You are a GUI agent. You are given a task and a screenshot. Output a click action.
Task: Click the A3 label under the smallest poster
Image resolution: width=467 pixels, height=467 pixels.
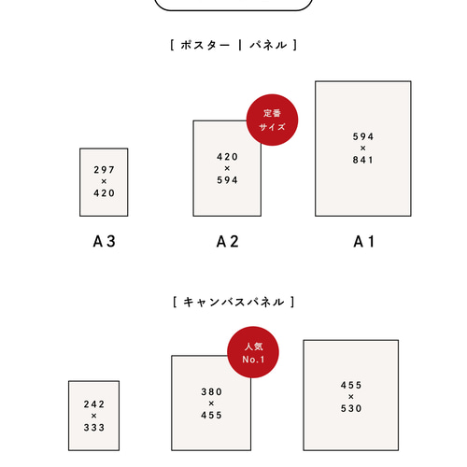104,241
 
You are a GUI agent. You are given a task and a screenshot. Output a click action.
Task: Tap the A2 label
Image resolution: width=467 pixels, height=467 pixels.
228,241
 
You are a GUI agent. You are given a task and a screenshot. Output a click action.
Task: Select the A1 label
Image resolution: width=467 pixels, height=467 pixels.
363,241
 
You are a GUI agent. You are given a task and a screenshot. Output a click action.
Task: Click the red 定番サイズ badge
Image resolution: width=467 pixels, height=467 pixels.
272,120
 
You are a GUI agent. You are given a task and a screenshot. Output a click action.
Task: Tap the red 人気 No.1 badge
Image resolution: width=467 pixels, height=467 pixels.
253,352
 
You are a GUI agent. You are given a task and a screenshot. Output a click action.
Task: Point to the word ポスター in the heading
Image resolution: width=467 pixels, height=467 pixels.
205,45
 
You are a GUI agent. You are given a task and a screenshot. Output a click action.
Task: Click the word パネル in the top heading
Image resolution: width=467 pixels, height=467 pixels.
268,45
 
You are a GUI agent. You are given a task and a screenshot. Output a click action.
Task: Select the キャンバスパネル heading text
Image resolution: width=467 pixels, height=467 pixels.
233,302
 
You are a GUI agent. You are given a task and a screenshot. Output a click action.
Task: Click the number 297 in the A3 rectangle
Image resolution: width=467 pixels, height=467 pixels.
104,170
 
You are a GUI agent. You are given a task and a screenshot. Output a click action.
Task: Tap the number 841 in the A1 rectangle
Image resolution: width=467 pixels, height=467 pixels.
363,160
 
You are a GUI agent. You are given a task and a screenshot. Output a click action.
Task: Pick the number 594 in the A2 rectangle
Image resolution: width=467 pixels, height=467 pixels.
227,180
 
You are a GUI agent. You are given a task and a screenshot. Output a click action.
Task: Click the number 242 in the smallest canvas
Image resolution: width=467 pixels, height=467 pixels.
94,404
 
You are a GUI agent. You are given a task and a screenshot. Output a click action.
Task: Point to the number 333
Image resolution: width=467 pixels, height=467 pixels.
94,428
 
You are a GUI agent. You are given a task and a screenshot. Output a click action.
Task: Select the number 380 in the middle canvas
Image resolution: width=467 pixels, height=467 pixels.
211,391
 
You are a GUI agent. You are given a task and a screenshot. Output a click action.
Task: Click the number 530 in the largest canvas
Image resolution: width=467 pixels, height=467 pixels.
351,408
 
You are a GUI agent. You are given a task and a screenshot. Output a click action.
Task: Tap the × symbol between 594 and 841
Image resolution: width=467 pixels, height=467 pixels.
363,149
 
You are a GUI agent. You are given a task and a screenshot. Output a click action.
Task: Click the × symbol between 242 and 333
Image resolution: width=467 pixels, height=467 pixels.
94,416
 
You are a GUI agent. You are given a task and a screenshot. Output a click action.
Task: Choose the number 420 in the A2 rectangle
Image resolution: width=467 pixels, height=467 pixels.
227,157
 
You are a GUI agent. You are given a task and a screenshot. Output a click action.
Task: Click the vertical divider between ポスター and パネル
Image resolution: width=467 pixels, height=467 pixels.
240,45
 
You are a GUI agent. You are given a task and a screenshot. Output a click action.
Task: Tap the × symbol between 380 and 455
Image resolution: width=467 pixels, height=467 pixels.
211,403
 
